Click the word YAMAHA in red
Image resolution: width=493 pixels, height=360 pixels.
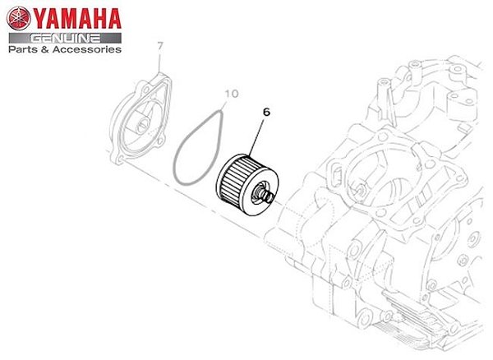point(78,18)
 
